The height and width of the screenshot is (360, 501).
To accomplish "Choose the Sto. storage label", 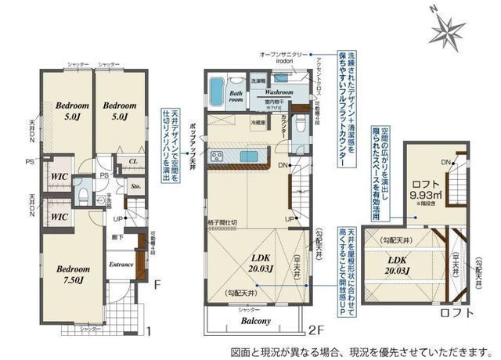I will tap(135, 187).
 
